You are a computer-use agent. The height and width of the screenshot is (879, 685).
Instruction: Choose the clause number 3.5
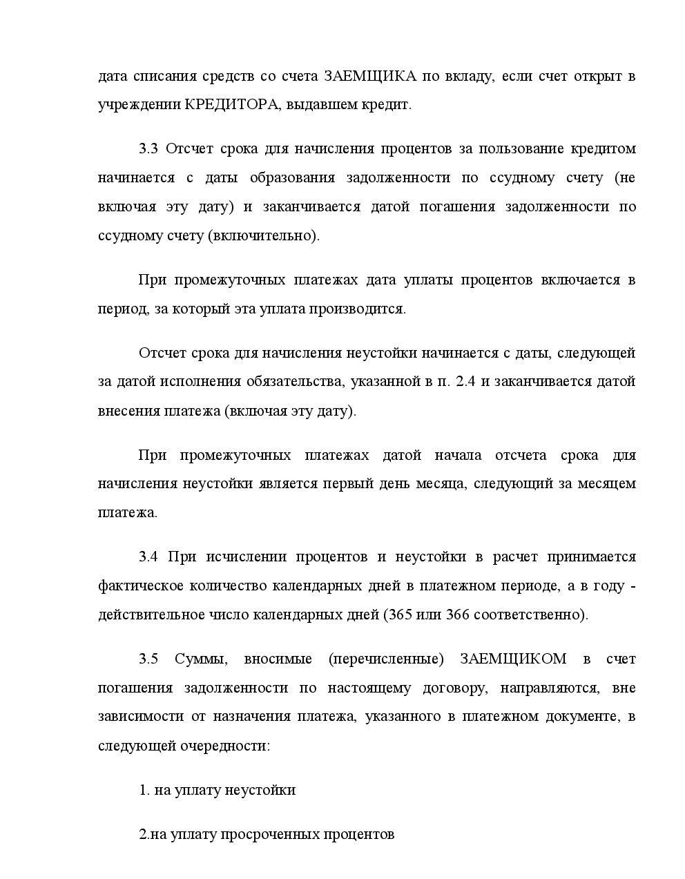click(x=148, y=659)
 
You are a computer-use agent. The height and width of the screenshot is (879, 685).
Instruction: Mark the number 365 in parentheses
click(x=401, y=615)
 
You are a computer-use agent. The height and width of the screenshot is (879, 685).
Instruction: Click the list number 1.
click(x=144, y=790)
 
